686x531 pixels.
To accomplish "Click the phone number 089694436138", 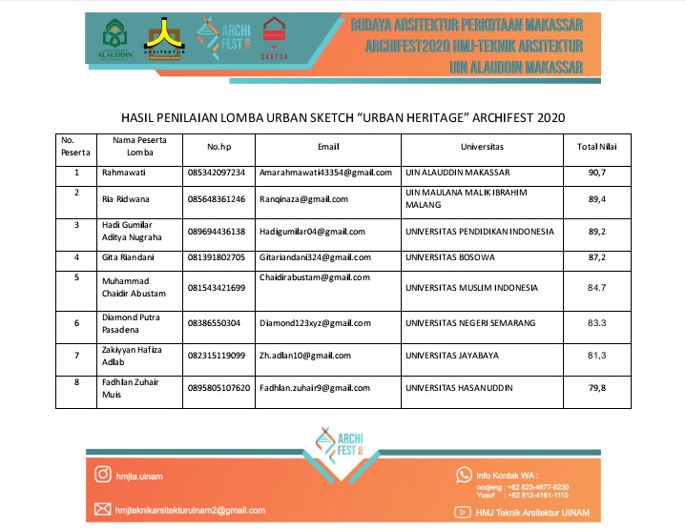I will (218, 232).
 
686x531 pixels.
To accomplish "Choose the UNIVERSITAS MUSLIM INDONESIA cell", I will (470, 288).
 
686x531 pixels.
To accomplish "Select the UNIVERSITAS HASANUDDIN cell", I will (459, 388).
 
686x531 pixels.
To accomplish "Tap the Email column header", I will (328, 147).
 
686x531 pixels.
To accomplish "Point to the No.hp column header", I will (219, 147).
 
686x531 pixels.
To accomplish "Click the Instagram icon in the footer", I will (102, 474).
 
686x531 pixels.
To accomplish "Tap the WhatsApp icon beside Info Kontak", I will (464, 474).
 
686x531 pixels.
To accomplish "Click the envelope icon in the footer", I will (102, 510).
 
